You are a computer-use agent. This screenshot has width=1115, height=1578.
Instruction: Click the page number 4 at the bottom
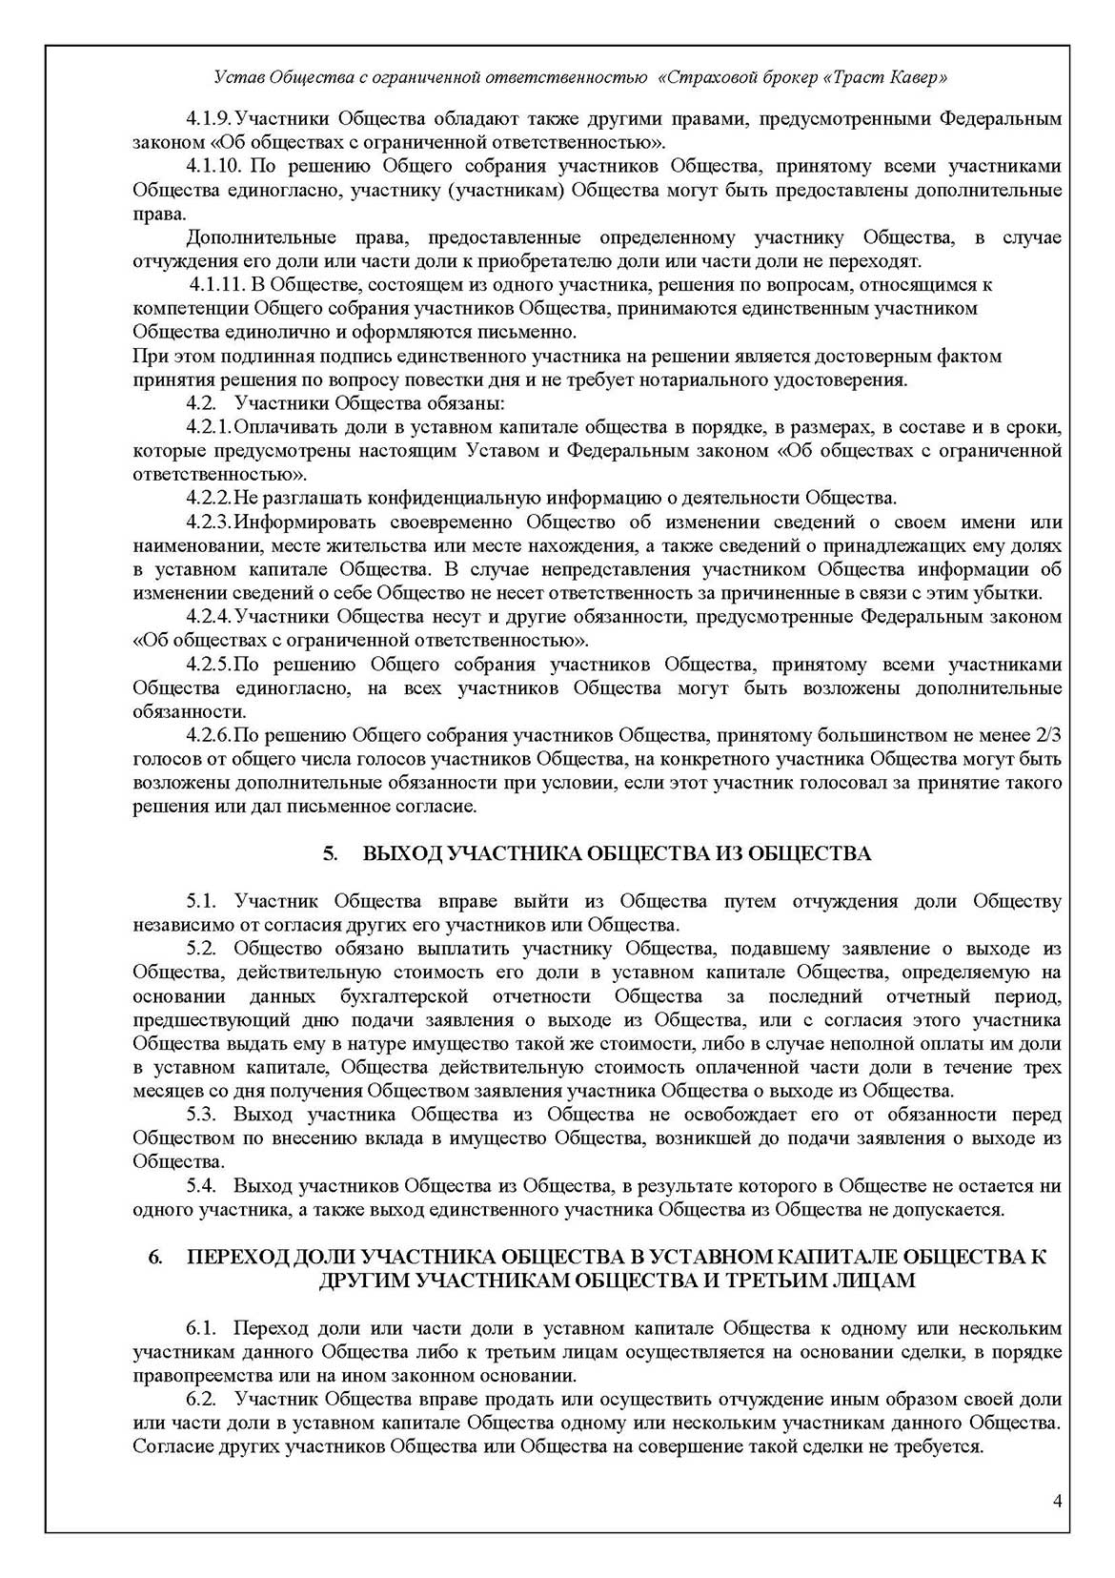1058,1503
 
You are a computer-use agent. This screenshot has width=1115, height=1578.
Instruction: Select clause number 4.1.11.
217,285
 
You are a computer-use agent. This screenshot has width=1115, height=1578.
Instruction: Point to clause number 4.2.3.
209,523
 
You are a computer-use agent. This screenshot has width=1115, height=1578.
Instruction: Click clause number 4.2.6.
209,735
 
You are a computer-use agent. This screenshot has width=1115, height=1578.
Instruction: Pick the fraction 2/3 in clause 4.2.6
1049,735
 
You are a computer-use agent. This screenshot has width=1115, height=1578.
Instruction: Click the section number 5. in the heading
331,853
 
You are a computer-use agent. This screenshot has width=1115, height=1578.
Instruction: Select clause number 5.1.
202,901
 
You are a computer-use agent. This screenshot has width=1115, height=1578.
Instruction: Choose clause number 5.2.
202,949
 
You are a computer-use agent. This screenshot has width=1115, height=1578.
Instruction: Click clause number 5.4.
202,1186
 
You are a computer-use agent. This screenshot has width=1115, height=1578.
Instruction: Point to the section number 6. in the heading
155,1258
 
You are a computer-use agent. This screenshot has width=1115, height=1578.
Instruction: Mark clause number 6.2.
202,1400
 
